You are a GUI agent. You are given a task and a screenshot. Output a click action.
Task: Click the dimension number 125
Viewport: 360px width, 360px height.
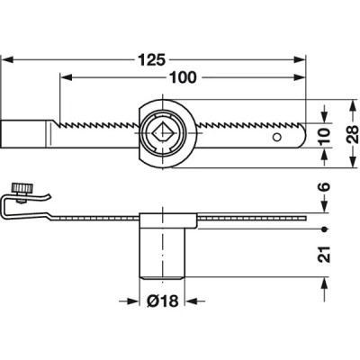(151, 60)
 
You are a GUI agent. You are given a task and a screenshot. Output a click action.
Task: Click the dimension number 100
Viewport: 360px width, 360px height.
(183, 77)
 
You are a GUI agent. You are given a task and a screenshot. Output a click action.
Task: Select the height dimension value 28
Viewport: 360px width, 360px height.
(353, 134)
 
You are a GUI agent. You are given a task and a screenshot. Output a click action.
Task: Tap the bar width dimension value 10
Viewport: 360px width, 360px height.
(324, 136)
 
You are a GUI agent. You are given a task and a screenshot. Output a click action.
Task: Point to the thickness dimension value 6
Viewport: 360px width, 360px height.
(324, 186)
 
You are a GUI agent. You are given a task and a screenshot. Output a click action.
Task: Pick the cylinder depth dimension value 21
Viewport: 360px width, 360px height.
(324, 255)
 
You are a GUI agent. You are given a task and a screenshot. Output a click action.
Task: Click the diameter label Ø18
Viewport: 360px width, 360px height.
(163, 301)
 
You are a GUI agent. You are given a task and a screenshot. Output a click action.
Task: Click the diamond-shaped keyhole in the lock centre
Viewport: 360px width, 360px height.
(162, 132)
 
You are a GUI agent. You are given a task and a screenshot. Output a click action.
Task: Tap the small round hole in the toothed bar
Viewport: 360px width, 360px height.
(276, 137)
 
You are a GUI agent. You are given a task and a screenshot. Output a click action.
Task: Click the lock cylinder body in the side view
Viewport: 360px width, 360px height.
(162, 254)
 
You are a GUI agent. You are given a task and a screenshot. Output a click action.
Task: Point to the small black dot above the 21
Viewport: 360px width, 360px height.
(324, 229)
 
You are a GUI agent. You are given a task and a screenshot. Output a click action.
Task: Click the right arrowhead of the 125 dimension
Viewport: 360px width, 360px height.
(299, 59)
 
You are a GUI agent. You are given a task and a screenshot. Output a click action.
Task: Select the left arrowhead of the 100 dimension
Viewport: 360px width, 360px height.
(67, 77)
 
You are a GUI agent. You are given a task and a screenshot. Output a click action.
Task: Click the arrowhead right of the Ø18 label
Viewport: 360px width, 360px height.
(191, 301)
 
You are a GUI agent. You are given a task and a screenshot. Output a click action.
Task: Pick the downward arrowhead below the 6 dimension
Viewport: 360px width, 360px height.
(324, 207)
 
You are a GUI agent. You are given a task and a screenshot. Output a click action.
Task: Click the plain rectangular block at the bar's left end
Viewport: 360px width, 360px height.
(23, 134)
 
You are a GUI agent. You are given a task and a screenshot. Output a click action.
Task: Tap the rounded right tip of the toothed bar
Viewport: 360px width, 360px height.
(303, 135)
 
